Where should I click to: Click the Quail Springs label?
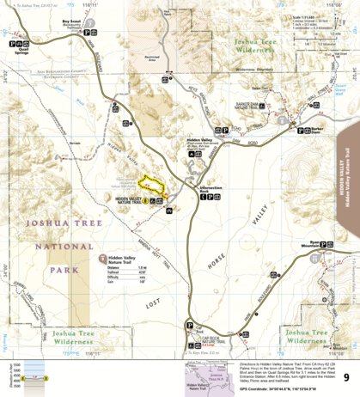point(19,48)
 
